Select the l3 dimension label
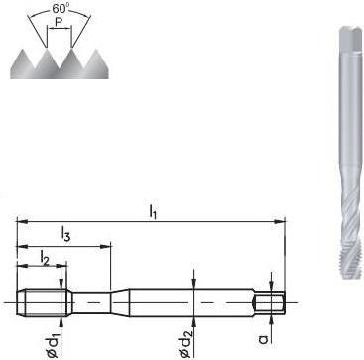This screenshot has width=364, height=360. (65, 234)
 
